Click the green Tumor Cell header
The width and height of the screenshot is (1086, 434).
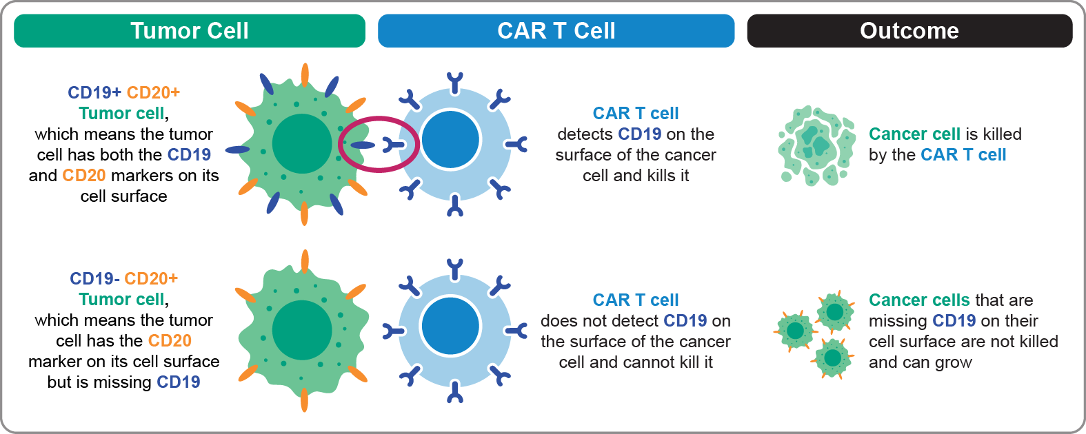coord(190,30)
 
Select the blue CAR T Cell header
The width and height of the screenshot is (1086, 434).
coord(556,30)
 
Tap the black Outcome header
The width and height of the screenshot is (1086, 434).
coord(909,30)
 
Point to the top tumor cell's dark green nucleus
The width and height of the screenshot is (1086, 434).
coord(302,144)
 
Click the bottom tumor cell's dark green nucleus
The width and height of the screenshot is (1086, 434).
coord(302,331)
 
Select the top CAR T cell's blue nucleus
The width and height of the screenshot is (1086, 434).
coord(450,139)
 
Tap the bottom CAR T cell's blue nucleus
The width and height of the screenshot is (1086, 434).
coord(450,326)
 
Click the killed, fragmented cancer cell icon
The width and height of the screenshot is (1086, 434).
coord(817,145)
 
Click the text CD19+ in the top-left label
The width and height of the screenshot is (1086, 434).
coord(94,92)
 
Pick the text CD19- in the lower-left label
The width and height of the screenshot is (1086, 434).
coord(94,278)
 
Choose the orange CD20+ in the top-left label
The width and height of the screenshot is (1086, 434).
coord(153,92)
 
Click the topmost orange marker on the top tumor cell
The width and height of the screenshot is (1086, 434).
coord(305,75)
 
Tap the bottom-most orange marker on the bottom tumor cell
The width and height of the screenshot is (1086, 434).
coord(305,400)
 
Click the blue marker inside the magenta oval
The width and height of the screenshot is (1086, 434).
coord(363,145)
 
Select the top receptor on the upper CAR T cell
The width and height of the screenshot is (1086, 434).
coord(455,83)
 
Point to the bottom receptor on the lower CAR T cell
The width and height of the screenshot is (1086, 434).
coord(455,393)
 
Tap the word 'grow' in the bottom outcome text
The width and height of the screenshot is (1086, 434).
coord(954,363)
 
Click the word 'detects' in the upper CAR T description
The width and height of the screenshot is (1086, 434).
coord(585,134)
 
